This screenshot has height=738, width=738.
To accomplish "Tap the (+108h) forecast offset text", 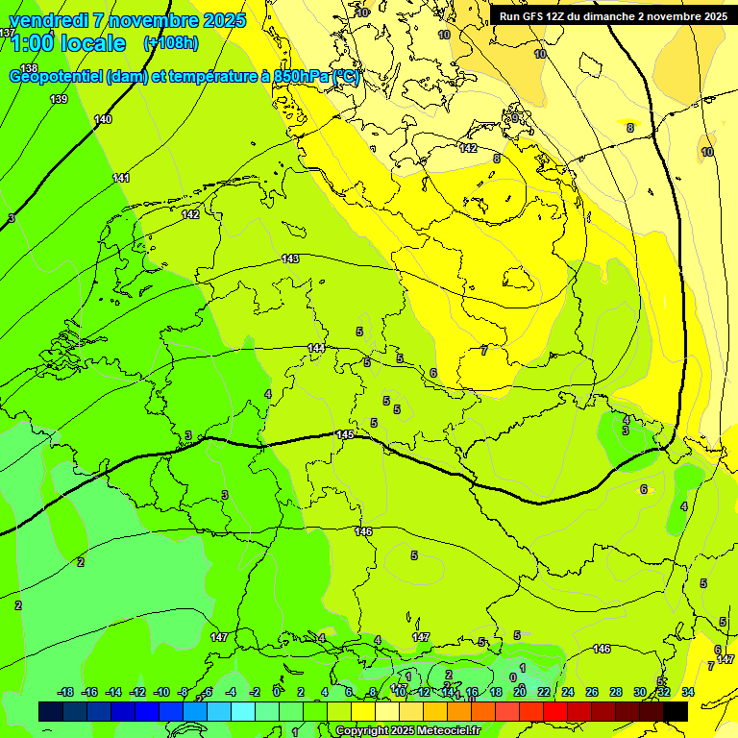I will click(171, 43).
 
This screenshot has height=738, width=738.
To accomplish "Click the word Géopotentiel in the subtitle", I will click(56, 77).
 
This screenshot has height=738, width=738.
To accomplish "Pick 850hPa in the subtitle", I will click(301, 77).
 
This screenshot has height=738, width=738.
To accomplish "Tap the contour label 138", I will click(29, 68).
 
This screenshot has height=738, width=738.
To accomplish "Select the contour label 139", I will click(60, 99).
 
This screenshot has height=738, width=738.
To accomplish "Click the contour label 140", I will click(103, 119).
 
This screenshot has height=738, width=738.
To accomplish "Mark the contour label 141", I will click(121, 178).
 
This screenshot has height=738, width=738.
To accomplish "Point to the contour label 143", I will click(291, 258).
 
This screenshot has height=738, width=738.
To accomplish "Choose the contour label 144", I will click(316, 347).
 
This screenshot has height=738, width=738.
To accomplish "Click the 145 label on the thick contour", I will click(345, 434).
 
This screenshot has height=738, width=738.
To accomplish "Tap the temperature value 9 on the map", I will click(515, 118).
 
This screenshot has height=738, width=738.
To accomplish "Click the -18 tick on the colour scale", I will click(65, 692).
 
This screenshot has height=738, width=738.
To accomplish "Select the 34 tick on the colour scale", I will click(687, 692).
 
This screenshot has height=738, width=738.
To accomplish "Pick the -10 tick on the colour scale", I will click(161, 692).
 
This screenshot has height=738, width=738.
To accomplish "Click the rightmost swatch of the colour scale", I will click(676, 711).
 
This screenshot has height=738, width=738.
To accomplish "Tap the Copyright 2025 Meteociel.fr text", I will click(408, 730).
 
